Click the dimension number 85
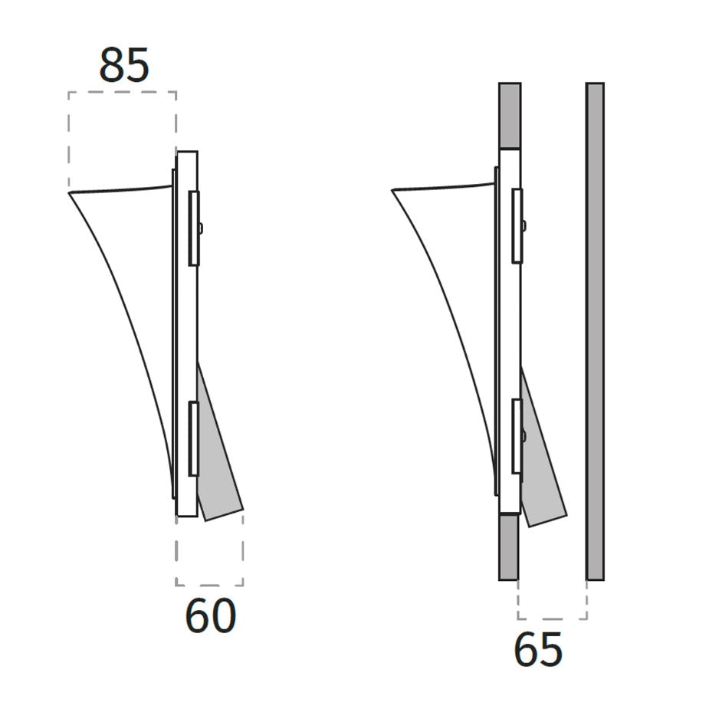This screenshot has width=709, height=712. pyautogui.click(x=124, y=65)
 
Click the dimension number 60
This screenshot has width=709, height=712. pyautogui.click(x=211, y=615)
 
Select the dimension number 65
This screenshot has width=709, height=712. pyautogui.click(x=539, y=649)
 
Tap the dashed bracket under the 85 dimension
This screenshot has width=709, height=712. pyautogui.click(x=122, y=92)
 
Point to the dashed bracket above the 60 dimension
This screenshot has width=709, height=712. pyautogui.click(x=209, y=585)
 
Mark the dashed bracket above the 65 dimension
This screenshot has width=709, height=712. pyautogui.click(x=553, y=618)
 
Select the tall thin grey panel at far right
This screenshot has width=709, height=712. pyautogui.click(x=595, y=332)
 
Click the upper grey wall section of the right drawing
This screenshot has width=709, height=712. pyautogui.click(x=510, y=115)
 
